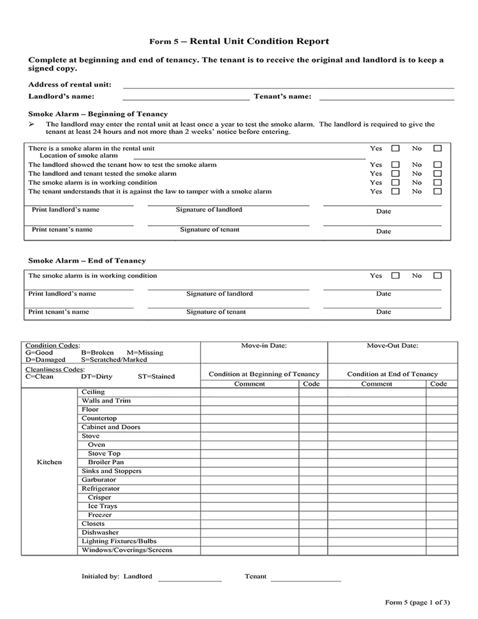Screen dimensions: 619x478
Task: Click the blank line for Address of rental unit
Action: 288,85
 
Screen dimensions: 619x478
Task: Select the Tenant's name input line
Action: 386,98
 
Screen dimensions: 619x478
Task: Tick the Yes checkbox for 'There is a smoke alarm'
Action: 395,149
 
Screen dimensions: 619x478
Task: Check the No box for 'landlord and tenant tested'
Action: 437,173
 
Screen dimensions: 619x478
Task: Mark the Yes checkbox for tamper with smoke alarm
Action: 395,191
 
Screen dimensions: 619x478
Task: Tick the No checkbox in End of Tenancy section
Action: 437,276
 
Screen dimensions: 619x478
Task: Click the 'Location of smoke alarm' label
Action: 78,156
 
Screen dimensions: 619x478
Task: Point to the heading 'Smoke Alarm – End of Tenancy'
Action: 87,261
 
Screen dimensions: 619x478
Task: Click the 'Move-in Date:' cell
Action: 264,346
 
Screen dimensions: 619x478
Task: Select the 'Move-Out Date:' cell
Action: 393,346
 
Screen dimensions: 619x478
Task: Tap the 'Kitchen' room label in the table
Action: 49,462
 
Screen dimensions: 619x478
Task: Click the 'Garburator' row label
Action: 99,480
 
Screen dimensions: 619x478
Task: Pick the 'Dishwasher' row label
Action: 100,532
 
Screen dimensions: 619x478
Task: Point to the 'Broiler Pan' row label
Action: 106,462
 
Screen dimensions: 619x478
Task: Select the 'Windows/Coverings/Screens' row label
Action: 127,550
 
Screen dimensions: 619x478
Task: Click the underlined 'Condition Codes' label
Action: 52,346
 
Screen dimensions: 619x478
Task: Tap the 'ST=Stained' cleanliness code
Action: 156,376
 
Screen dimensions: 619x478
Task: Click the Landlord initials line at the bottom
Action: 189,578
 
